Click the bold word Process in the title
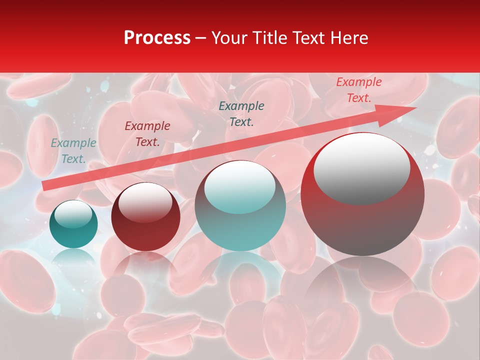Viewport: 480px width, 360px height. [x=157, y=38]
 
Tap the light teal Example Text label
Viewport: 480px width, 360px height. [x=73, y=151]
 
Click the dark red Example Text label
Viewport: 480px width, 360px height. [x=147, y=134]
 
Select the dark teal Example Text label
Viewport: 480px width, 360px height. [x=241, y=114]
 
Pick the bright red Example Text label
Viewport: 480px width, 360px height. [x=359, y=90]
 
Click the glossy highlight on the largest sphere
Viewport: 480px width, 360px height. [x=361, y=168]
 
